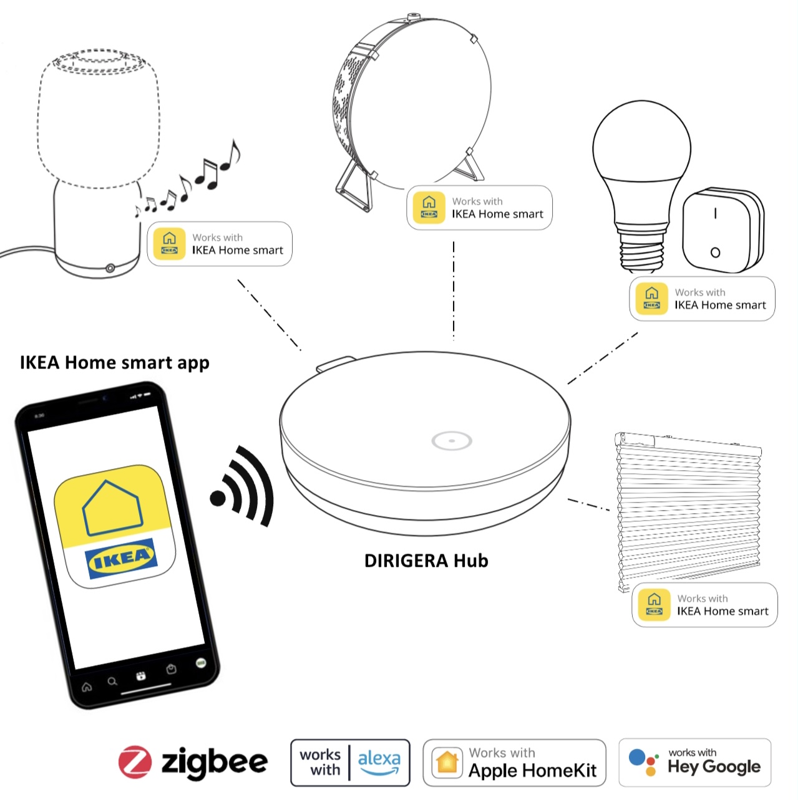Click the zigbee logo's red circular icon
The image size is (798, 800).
pyautogui.click(x=135, y=762)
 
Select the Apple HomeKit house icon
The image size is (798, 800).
pyautogui.click(x=447, y=762)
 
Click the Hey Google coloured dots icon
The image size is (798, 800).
pyautogui.click(x=643, y=761)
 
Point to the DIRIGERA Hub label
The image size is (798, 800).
pyautogui.click(x=426, y=561)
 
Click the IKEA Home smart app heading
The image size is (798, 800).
pyautogui.click(x=114, y=362)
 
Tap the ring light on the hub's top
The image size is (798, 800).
pyautogui.click(x=452, y=441)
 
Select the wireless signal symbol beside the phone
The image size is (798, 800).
pyautogui.click(x=243, y=486)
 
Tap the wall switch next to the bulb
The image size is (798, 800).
pyautogui.click(x=721, y=231)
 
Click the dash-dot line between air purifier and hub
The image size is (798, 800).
pyautogui.click(x=454, y=290)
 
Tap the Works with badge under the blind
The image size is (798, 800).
pyautogui.click(x=704, y=605)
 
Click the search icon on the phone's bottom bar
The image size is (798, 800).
pyautogui.click(x=112, y=682)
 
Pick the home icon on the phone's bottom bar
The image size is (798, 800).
pyautogui.click(x=87, y=687)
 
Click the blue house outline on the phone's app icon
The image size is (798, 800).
pyautogui.click(x=112, y=508)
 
